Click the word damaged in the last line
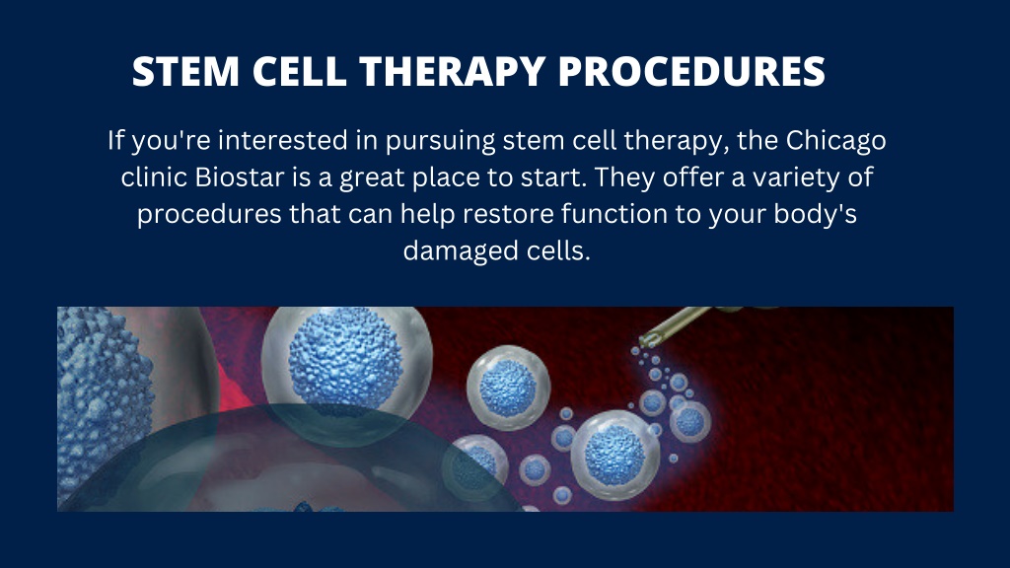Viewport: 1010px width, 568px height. pyautogui.click(x=460, y=251)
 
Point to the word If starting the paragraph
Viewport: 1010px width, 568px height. pyautogui.click(x=117, y=142)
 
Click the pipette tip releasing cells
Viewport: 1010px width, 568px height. pyautogui.click(x=651, y=340)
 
